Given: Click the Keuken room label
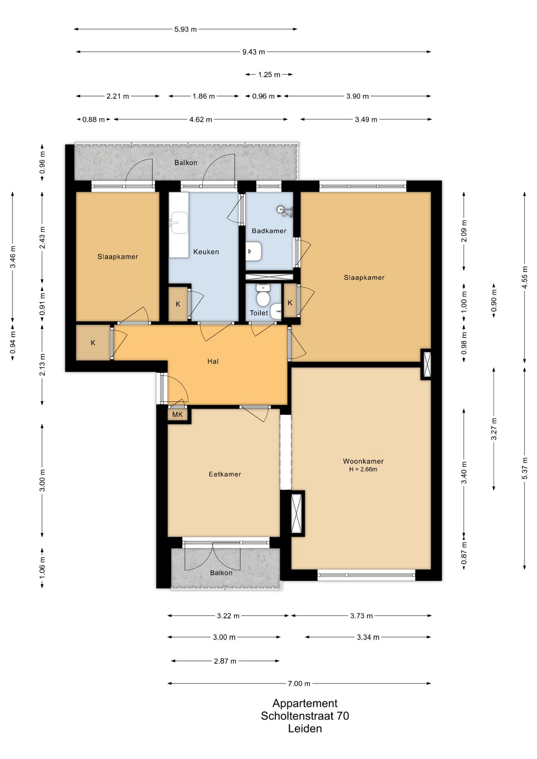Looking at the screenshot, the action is point(206,252).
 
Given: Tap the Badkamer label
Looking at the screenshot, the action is point(269,231).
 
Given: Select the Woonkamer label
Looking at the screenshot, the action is point(363,461).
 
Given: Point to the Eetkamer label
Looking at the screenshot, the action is point(225,474).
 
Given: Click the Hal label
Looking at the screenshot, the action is point(213,361).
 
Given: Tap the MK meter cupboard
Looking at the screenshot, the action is point(178,415).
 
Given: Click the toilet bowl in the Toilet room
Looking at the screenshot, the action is point(263,297).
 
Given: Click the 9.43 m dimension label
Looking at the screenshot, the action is point(253,52).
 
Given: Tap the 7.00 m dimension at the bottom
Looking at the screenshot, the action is point(299,683).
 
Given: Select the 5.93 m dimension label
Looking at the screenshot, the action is point(185,29).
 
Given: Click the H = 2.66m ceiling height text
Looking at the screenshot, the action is point(363,470).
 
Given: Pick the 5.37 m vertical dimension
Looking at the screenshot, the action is point(525,468).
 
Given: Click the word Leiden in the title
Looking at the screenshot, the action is point(305,729).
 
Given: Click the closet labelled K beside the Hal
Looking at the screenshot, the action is point(93,343).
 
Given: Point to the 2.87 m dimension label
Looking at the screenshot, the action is point(225,661).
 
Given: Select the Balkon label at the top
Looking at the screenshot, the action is point(186,162).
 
